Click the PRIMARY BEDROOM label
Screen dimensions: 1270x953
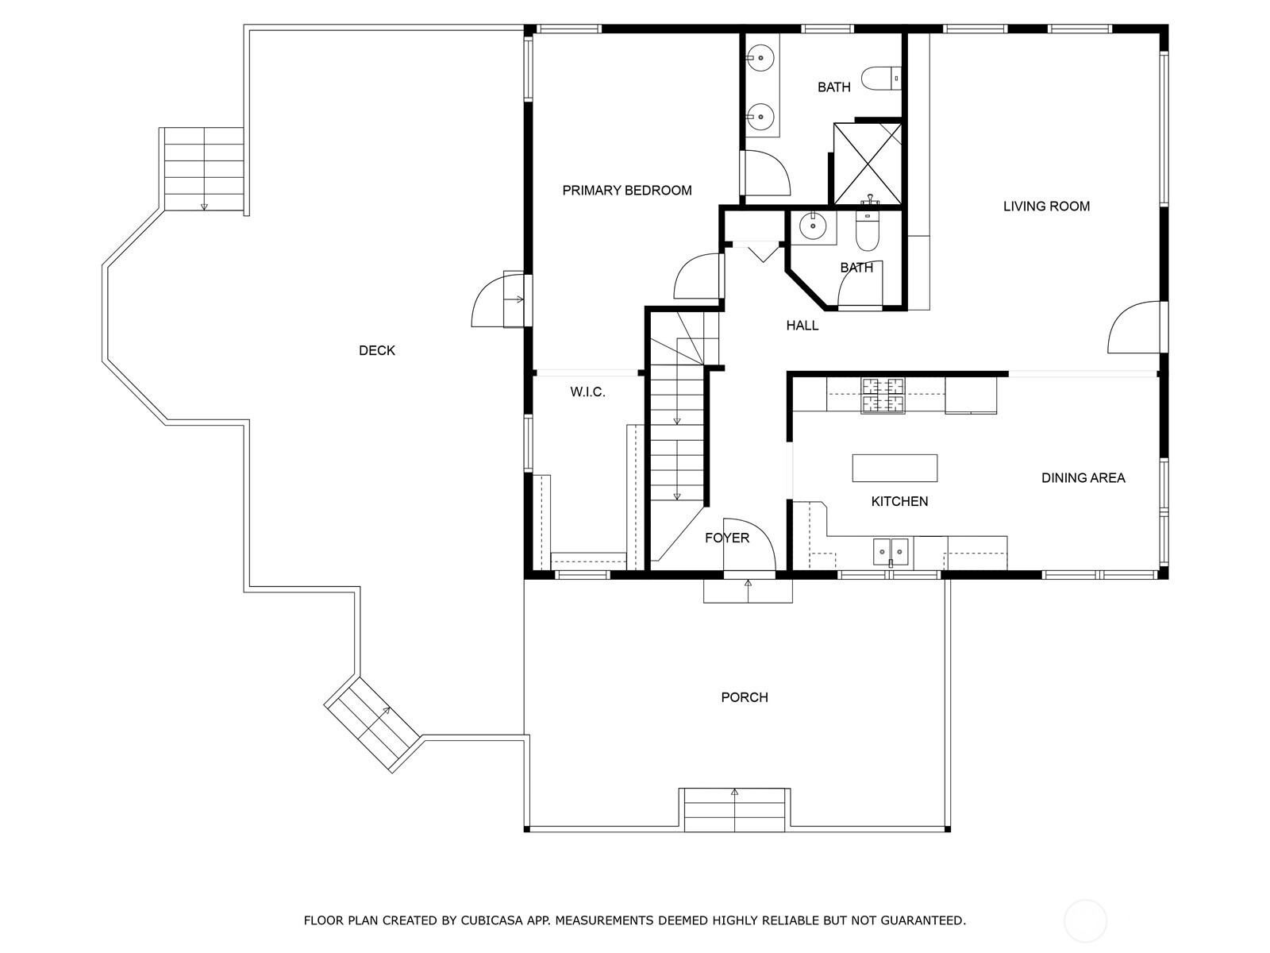[x=626, y=191]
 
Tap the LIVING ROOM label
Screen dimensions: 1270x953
[x=1046, y=206]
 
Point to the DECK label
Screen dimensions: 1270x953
[x=377, y=350]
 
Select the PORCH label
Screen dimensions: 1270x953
[x=744, y=697]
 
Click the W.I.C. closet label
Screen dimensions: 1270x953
[x=587, y=392]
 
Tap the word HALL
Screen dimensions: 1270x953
[x=802, y=326]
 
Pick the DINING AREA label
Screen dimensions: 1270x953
[x=1083, y=478]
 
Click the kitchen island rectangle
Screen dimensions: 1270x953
[x=895, y=468]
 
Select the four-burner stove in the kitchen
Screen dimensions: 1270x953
[x=883, y=395]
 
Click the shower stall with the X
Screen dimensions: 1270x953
[x=868, y=164]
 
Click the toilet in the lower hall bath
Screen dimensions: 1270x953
[x=868, y=230]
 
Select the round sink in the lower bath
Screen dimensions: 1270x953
[x=813, y=226]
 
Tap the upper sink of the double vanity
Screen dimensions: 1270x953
[x=760, y=58]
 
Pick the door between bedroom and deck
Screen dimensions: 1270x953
[x=498, y=299]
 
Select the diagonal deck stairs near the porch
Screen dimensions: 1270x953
[x=372, y=723]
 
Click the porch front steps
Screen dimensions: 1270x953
[x=735, y=809]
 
